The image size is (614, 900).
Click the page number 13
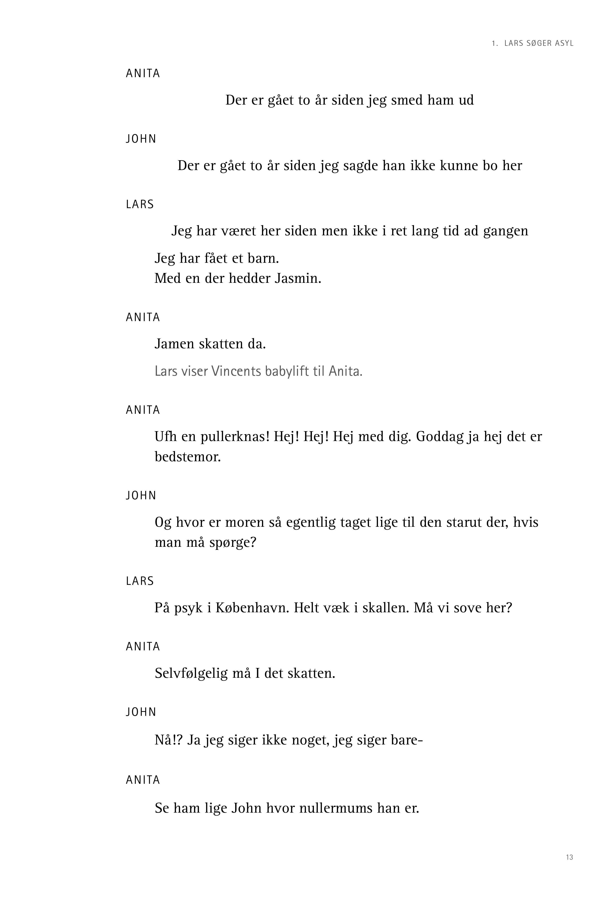click(569, 857)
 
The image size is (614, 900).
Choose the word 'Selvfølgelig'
click(191, 673)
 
